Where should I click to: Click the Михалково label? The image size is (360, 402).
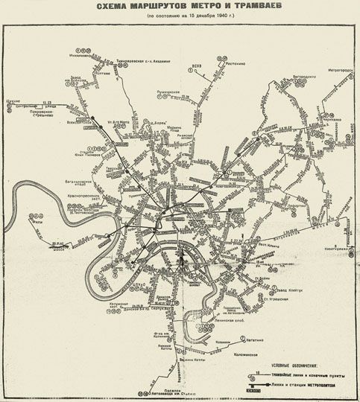click(78, 55)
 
